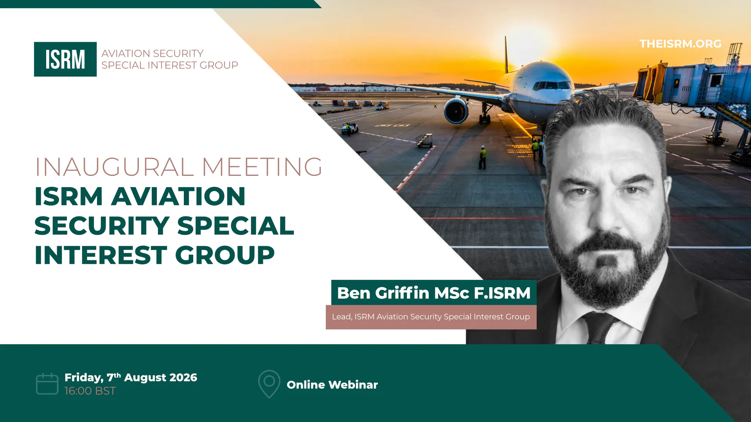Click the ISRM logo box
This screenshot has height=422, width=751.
pos(65,59)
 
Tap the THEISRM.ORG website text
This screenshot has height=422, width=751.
pos(680,44)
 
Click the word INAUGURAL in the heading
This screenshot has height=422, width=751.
pos(114,167)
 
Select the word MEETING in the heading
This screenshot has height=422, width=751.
pos(262,167)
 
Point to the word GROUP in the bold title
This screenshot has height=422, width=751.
pos(225,255)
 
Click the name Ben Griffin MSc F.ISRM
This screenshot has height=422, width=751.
pos(434,293)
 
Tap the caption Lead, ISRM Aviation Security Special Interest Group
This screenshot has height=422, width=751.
pos(431,316)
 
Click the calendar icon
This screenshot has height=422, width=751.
pos(47,384)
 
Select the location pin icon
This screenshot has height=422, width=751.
pos(269,384)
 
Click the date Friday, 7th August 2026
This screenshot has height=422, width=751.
pos(131,377)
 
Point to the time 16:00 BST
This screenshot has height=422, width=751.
pos(90,391)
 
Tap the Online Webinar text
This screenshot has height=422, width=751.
pos(332,385)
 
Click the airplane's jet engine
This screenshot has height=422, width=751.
pos(456,111)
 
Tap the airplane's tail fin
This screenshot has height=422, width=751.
pos(506,55)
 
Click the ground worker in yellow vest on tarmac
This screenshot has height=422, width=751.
pos(483,157)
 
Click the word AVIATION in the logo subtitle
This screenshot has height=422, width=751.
pos(126,54)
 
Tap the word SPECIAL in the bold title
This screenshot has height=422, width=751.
pos(235,225)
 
